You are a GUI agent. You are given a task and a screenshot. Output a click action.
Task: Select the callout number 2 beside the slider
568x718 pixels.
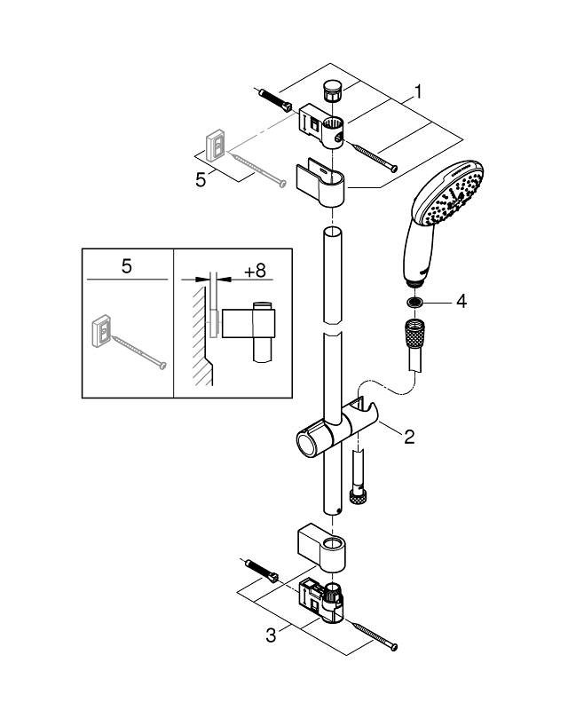click(408, 436)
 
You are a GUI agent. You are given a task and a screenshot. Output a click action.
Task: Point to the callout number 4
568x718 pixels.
click(461, 302)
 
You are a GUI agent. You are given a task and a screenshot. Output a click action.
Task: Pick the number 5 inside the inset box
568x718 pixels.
click(126, 264)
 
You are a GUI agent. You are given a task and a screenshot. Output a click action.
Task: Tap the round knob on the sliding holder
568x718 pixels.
click(306, 441)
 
